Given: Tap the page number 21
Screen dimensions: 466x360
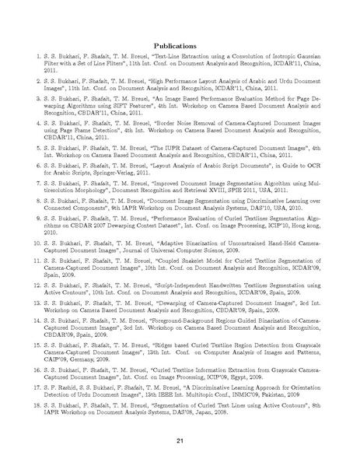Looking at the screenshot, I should click(180, 441).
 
